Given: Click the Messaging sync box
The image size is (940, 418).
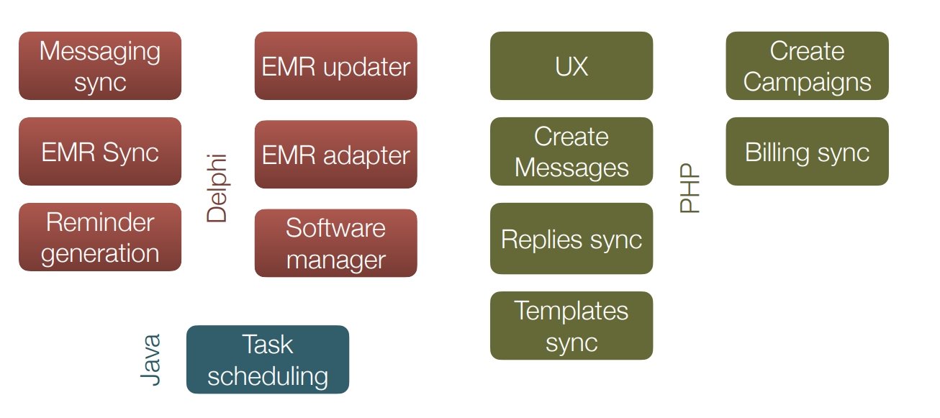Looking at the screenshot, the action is [x=100, y=65].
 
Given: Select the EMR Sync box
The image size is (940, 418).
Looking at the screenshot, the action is [x=100, y=151].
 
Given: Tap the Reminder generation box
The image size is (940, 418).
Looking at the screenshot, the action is [x=100, y=237].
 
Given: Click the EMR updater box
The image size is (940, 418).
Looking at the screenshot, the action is [x=335, y=65].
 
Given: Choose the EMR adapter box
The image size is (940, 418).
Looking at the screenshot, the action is [x=335, y=154].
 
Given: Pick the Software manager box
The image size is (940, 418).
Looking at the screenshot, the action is [x=335, y=243].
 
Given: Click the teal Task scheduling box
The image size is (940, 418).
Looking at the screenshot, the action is [x=268, y=359].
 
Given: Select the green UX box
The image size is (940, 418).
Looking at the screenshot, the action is [x=571, y=65].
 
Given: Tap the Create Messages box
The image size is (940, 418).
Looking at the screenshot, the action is [x=571, y=151].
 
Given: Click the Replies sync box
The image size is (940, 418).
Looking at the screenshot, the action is [x=571, y=239].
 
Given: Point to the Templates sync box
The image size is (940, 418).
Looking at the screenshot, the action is [x=571, y=325].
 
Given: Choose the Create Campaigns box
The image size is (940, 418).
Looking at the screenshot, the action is [x=808, y=65].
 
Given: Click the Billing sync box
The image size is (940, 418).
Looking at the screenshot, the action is [x=808, y=151].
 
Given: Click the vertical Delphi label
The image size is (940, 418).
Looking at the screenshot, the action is [x=217, y=188].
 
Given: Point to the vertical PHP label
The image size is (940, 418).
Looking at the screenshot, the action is [x=690, y=188].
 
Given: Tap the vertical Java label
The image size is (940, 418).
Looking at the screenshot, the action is [x=150, y=360].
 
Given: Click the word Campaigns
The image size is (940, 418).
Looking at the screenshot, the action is [x=808, y=82].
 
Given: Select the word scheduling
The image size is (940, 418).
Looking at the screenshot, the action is [x=268, y=376].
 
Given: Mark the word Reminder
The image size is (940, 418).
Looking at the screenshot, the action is [x=100, y=222].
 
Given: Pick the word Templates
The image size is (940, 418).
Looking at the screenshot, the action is [x=571, y=311].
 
